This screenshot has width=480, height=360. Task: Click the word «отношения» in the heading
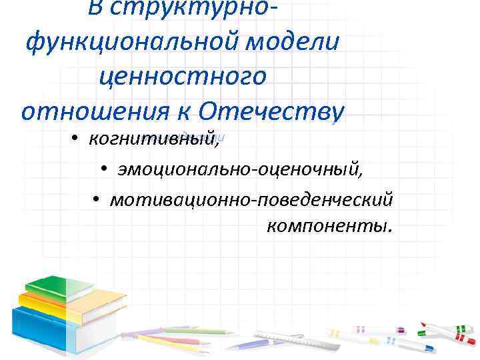coord(87,110)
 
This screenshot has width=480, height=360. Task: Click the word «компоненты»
coord(329,227)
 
